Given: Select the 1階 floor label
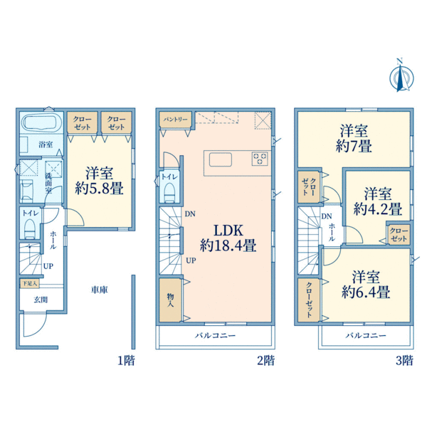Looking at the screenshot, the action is tap(127, 361).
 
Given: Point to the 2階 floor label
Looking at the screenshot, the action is tap(266, 361).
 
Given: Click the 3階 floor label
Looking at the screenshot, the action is tap(404, 361).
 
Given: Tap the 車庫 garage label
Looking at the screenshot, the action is tap(100, 290).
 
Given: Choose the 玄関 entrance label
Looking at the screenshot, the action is tap(41, 300).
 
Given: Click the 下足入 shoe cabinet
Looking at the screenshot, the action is tap(29, 283).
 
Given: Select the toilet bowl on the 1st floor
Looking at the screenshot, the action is tap(29, 228).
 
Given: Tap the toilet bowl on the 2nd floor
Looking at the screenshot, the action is tap(170, 192).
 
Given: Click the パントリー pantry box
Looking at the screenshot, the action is tap(175, 120).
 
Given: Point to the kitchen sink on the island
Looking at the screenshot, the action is tap(221, 159).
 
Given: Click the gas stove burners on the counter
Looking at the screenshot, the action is tap(260, 159).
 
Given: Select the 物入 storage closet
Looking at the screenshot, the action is tap(170, 300).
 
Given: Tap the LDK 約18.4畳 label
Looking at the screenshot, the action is tap(228, 238).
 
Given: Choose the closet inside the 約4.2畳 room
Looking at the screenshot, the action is tap(399, 235).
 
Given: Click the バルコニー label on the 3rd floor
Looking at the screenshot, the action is tap(366, 335).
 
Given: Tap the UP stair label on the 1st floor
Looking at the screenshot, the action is tap(48, 266).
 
